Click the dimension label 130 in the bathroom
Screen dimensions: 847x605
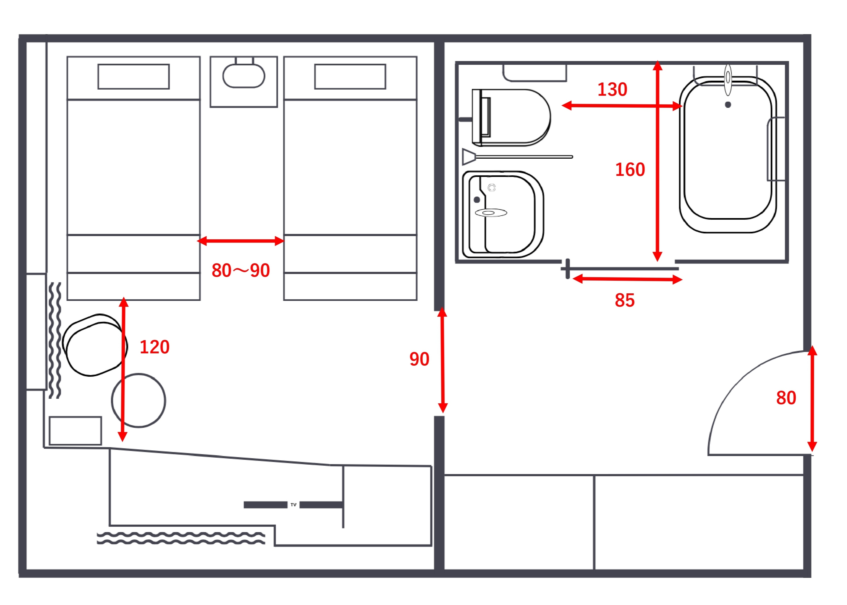click(x=612, y=90)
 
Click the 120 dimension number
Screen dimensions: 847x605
click(x=155, y=347)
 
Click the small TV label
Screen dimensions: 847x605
click(x=294, y=505)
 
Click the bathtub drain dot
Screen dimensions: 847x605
click(x=728, y=105)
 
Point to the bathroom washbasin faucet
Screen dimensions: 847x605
click(x=491, y=213)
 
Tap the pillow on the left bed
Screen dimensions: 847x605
click(x=133, y=76)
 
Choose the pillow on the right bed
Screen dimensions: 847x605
click(x=350, y=76)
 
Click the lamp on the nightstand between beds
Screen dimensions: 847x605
click(x=244, y=76)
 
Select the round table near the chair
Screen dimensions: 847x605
click(x=138, y=400)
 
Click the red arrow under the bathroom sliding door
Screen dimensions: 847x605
click(x=627, y=279)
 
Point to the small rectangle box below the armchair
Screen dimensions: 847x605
click(x=75, y=431)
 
